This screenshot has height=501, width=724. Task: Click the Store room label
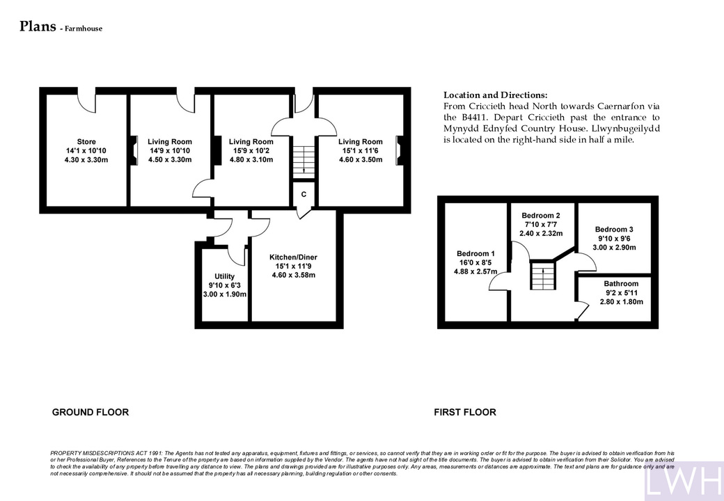pyautogui.click(x=86, y=142)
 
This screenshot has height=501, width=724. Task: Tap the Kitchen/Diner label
pyautogui.click(x=294, y=257)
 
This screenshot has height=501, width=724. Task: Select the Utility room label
pyautogui.click(x=224, y=276)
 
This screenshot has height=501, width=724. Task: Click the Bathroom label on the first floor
pyautogui.click(x=621, y=284)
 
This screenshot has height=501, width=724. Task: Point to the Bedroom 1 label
pyautogui.click(x=475, y=254)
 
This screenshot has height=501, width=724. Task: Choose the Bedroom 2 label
pyautogui.click(x=541, y=216)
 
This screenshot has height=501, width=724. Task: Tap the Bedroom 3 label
pyautogui.click(x=614, y=230)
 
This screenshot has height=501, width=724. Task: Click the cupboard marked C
pyautogui.click(x=304, y=195)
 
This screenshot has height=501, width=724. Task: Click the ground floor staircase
pyautogui.click(x=304, y=161)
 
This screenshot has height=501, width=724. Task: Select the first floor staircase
pyautogui.click(x=543, y=276)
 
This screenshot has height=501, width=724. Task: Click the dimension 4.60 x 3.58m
pyautogui.click(x=294, y=276)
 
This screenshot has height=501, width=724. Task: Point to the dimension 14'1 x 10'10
pyautogui.click(x=86, y=151)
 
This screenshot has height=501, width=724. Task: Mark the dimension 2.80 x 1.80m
pyautogui.click(x=621, y=302)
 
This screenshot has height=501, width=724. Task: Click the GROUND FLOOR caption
pyautogui.click(x=90, y=413)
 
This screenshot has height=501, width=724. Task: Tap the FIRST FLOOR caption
pyautogui.click(x=465, y=413)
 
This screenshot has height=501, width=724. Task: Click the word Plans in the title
pyautogui.click(x=38, y=26)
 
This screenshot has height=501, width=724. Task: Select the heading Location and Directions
pyautogui.click(x=496, y=95)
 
